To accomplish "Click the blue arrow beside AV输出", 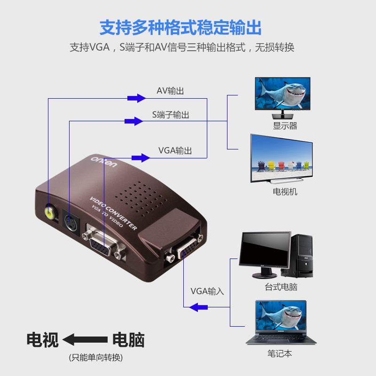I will pyautogui.click(x=136, y=98).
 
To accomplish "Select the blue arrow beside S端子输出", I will pyautogui.click(x=133, y=121).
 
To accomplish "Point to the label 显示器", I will pyautogui.click(x=285, y=126).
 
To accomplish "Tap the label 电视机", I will pyautogui.click(x=285, y=192).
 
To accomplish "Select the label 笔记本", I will pyautogui.click(x=280, y=353).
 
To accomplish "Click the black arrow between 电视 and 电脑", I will pyautogui.click(x=85, y=339).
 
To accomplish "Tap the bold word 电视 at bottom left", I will pyautogui.click(x=42, y=339).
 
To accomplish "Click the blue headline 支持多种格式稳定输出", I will pyautogui.click(x=180, y=28).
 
